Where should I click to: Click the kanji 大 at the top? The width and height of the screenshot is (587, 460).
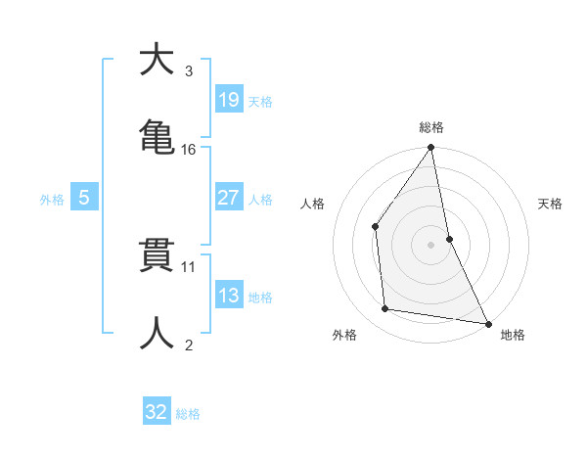click(157, 61)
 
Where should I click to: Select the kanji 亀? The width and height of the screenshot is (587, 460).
click(157, 136)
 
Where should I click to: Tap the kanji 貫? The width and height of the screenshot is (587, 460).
click(157, 255)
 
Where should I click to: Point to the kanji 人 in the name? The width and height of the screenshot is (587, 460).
click(157, 333)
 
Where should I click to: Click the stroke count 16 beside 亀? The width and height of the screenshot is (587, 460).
click(189, 150)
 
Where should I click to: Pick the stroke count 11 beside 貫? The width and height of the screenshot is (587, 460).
click(189, 265)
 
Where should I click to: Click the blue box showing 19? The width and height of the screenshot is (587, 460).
click(228, 100)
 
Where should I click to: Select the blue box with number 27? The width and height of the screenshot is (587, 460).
click(228, 198)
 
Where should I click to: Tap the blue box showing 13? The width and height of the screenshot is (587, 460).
click(228, 296)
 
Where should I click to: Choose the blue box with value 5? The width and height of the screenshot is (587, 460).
click(84, 198)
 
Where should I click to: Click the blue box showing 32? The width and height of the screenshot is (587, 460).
click(157, 412)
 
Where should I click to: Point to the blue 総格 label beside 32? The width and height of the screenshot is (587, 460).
click(188, 414)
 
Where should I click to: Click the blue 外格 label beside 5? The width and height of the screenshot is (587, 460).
click(52, 200)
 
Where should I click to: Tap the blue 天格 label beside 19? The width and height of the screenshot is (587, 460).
click(260, 102)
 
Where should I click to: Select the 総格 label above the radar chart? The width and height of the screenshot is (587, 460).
click(431, 127)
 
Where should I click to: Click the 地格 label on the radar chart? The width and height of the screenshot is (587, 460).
click(513, 336)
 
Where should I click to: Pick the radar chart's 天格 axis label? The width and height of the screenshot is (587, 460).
click(551, 204)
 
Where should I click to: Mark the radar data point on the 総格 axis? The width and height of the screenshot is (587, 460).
click(431, 149)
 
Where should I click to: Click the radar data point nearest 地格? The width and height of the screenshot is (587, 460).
click(487, 322)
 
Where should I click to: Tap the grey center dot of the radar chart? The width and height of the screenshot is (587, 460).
click(431, 245)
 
